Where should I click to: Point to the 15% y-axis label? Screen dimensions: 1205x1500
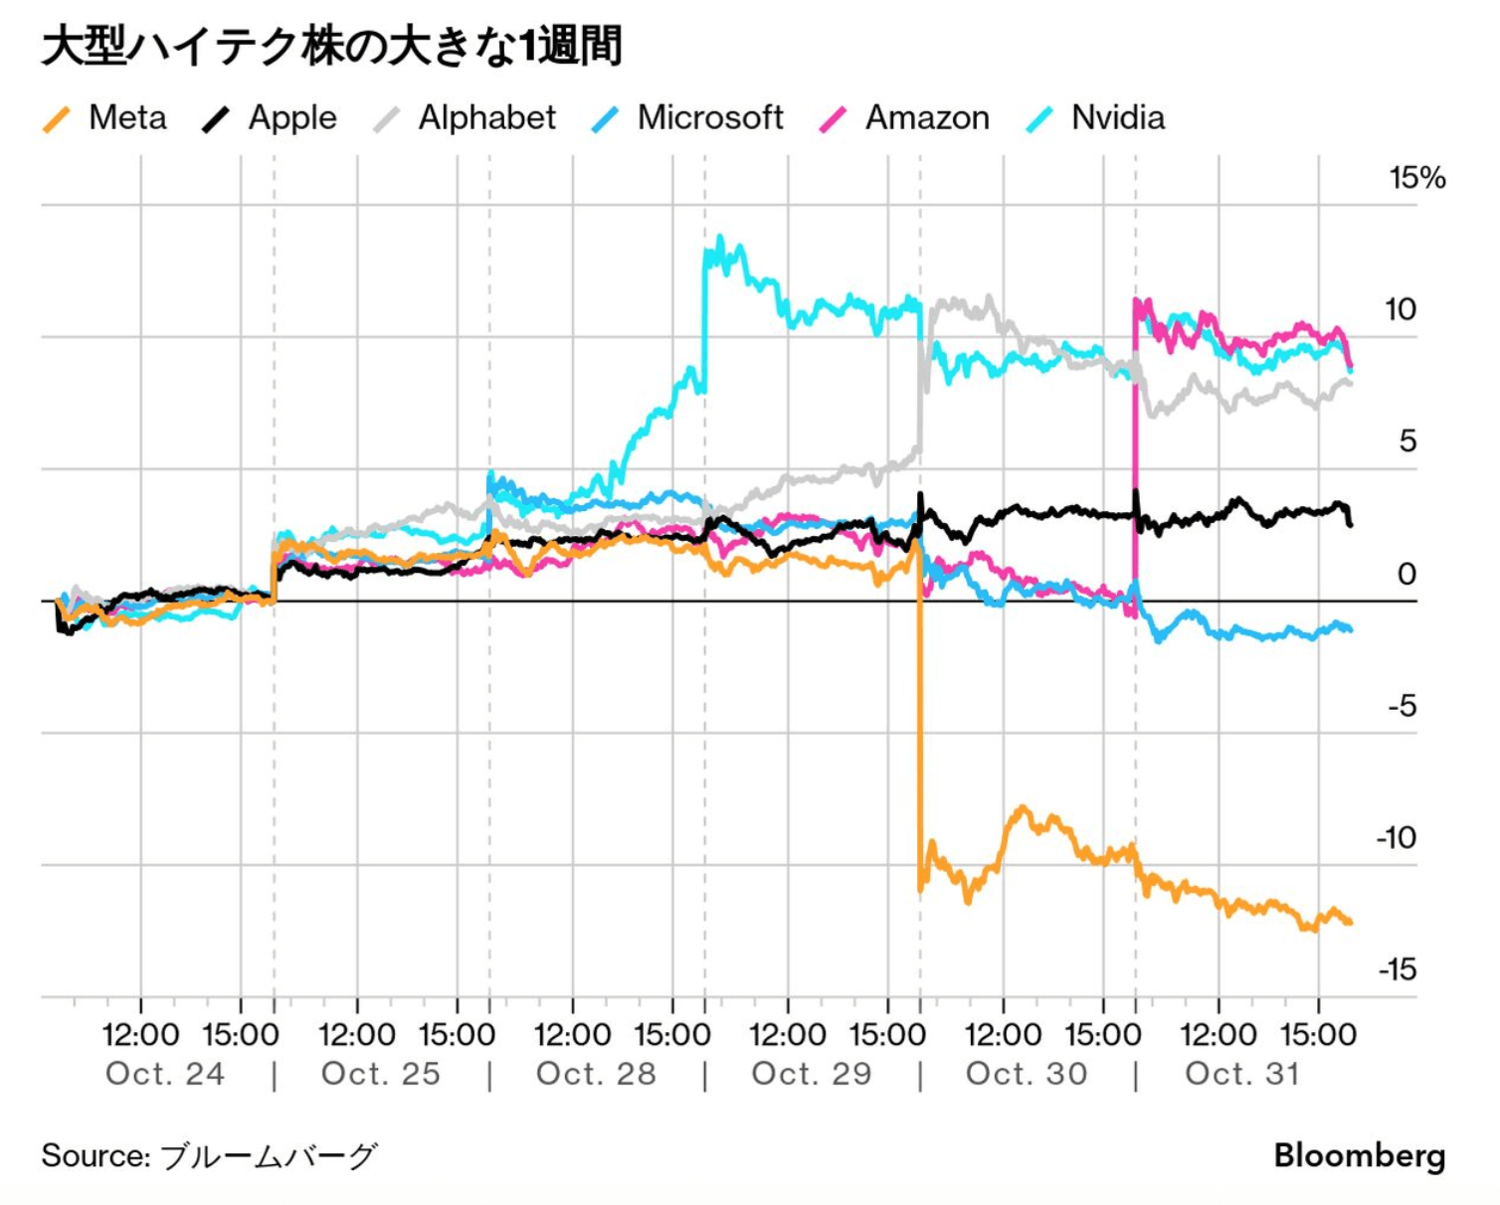[x=1416, y=179]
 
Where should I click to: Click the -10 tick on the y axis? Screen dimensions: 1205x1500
[x=1397, y=838]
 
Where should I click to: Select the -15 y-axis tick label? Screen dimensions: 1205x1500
[x=1397, y=969]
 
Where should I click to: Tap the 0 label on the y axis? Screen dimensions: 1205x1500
[x=1406, y=574]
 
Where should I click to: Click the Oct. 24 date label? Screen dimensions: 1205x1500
[x=165, y=1074]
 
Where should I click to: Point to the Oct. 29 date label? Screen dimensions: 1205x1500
[x=812, y=1074]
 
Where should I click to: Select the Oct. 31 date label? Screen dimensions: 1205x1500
[x=1242, y=1074]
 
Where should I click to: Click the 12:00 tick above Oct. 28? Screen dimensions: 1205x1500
[x=572, y=1035]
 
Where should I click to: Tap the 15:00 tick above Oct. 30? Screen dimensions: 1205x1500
[x=1102, y=1035]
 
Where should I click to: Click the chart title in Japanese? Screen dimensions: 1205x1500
[x=332, y=47]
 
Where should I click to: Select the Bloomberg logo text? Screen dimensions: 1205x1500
[x=1359, y=1155]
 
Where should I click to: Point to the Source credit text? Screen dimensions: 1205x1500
[x=210, y=1155]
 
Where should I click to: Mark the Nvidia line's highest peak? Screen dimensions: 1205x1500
[x=719, y=239]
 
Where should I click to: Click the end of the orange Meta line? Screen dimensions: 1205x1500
[x=1350, y=923]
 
